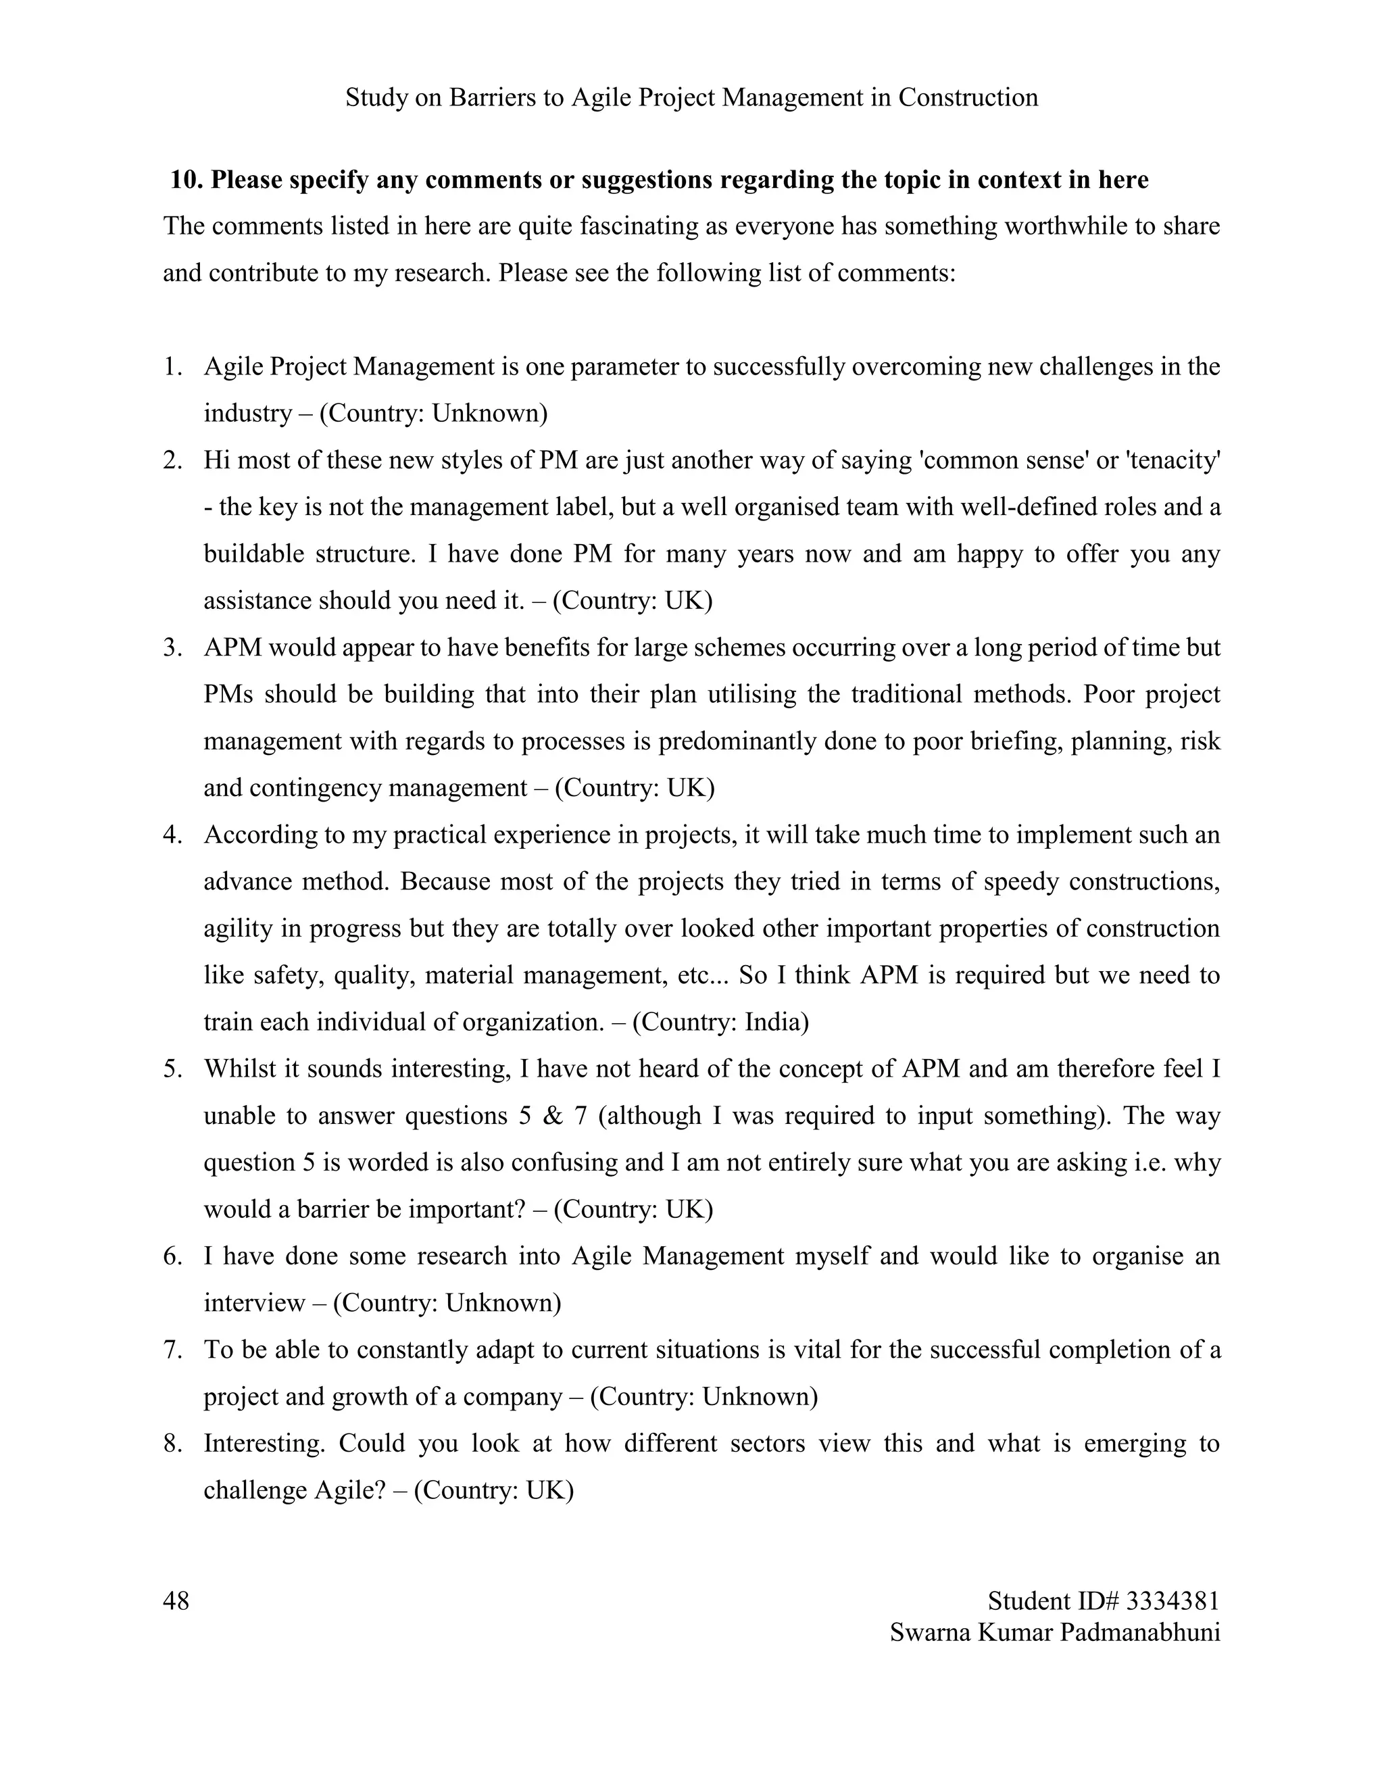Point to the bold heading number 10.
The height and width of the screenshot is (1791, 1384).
pyautogui.click(x=185, y=180)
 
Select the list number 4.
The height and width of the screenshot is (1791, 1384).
pyautogui.click(x=172, y=835)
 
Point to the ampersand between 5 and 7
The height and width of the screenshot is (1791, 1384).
pyautogui.click(x=553, y=1115)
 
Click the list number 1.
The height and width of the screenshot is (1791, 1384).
pyautogui.click(x=172, y=366)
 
